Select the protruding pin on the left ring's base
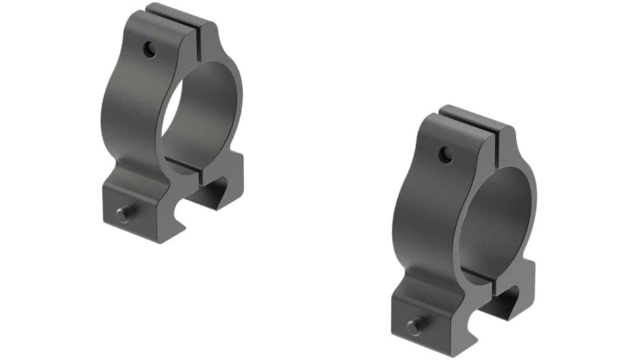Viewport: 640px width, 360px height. pyautogui.click(x=122, y=213)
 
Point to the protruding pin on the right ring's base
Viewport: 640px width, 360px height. pyautogui.click(x=414, y=323)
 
